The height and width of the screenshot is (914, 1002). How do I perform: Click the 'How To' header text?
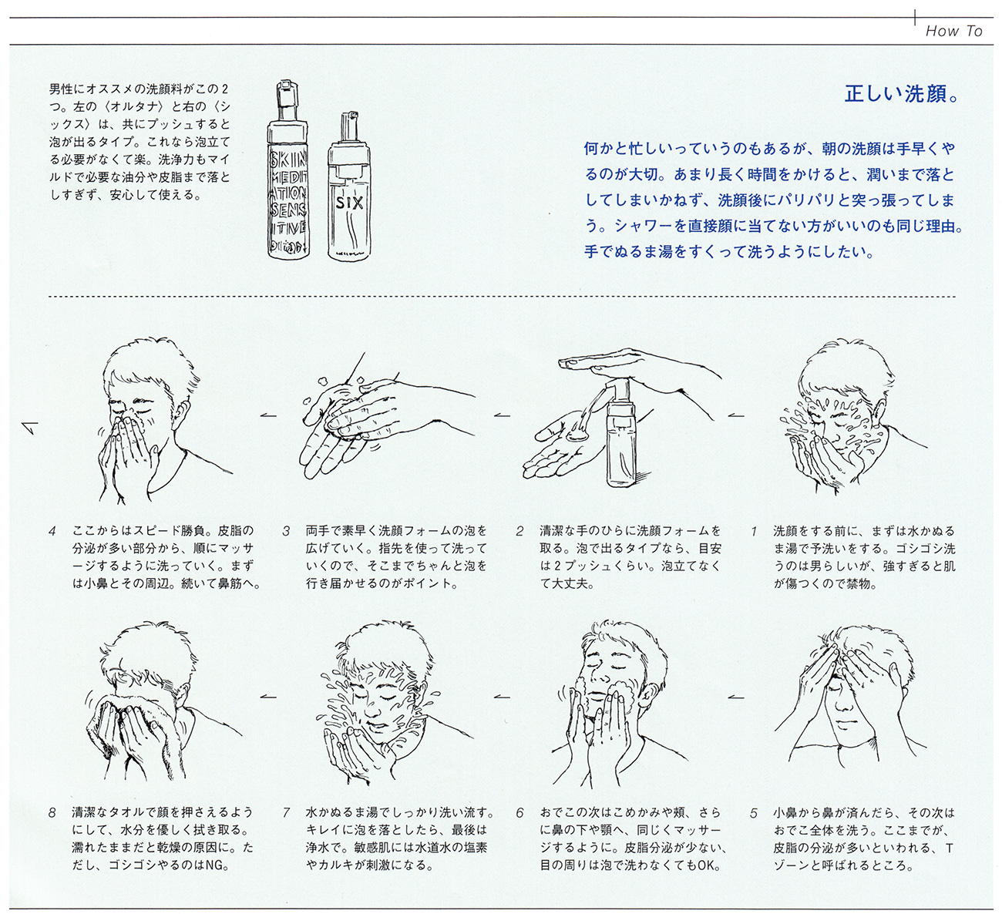pyautogui.click(x=953, y=31)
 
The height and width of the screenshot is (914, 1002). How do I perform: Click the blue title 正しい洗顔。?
pyautogui.click(x=902, y=94)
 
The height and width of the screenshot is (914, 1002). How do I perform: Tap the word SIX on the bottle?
pyautogui.click(x=350, y=203)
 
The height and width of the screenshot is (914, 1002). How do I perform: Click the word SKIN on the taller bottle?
pyautogui.click(x=288, y=160)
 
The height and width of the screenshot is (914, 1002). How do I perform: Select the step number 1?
pyautogui.click(x=755, y=532)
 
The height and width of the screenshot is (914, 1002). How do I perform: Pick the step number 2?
pyautogui.click(x=520, y=532)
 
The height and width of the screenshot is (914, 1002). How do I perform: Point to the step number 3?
pyautogui.click(x=286, y=532)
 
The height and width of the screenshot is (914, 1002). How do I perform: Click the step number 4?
pyautogui.click(x=52, y=532)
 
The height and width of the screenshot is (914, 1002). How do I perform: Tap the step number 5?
pyautogui.click(x=754, y=814)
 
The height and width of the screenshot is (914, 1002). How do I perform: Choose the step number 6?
pyautogui.click(x=520, y=814)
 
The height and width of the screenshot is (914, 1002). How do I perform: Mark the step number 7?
pyautogui.click(x=286, y=814)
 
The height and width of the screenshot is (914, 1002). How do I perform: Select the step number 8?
pyautogui.click(x=52, y=814)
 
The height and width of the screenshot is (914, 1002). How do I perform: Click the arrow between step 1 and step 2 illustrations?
pyautogui.click(x=736, y=415)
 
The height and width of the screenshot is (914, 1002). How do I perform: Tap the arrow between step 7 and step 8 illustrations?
pyautogui.click(x=268, y=697)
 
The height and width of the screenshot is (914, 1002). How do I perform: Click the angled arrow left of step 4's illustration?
pyautogui.click(x=31, y=428)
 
